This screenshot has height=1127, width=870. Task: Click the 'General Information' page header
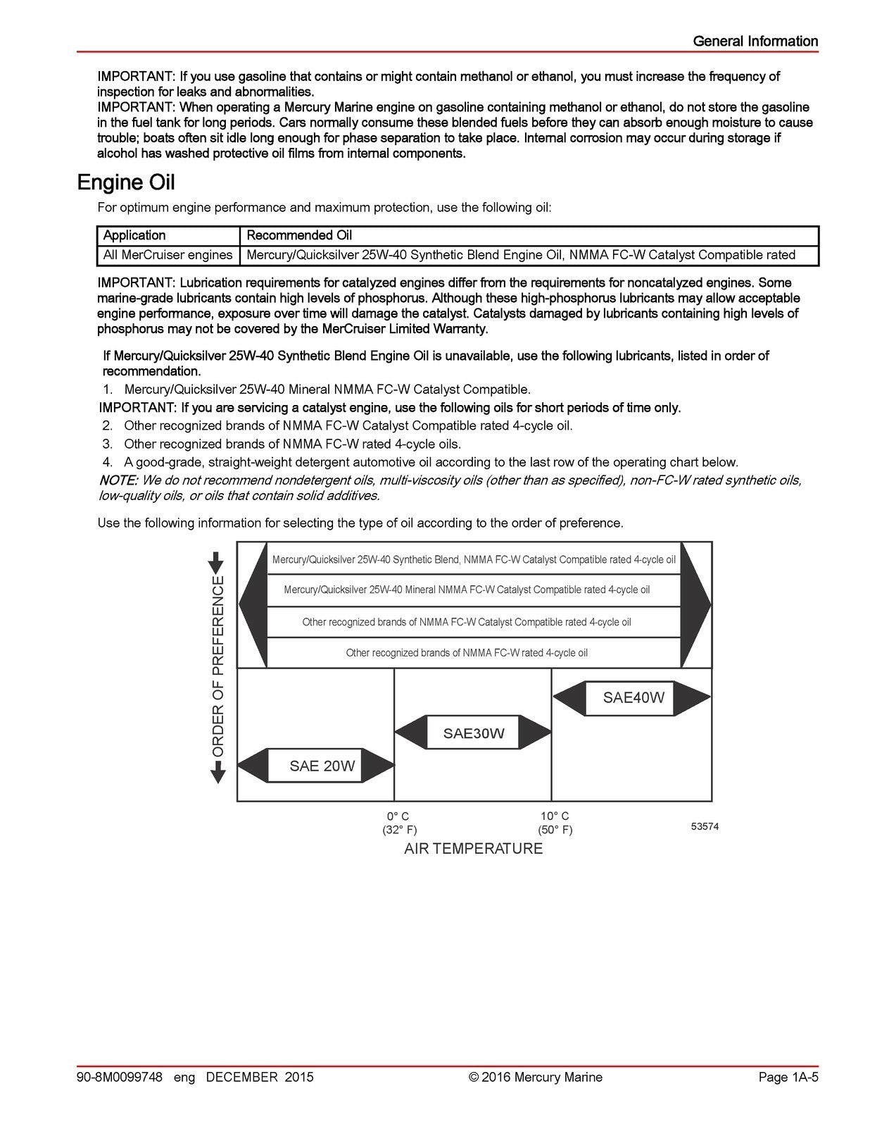pos(755,41)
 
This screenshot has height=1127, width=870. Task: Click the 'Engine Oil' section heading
pos(125,182)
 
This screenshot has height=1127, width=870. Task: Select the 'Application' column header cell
pos(134,235)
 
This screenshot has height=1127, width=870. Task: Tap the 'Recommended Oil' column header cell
pos(298,235)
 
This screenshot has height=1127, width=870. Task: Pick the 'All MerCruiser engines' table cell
pos(168,255)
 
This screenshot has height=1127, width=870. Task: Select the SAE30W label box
pos(473,733)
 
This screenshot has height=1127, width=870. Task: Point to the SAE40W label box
pos(633,698)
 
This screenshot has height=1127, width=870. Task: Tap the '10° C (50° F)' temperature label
pos(555,823)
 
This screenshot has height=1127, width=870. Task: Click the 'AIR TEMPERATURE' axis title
pos(473,849)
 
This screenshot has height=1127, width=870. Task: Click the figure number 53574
pos(705,827)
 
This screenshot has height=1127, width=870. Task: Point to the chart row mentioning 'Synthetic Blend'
pos(473,560)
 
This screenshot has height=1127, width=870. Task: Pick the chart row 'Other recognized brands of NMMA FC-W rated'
pos(466,653)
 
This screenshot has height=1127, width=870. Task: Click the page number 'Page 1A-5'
pos(788,1077)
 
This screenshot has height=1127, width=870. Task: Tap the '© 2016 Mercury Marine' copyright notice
pos(536,1077)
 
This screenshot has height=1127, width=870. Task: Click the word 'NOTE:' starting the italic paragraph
pos(118,480)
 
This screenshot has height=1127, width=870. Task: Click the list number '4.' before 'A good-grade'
pos(107,463)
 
